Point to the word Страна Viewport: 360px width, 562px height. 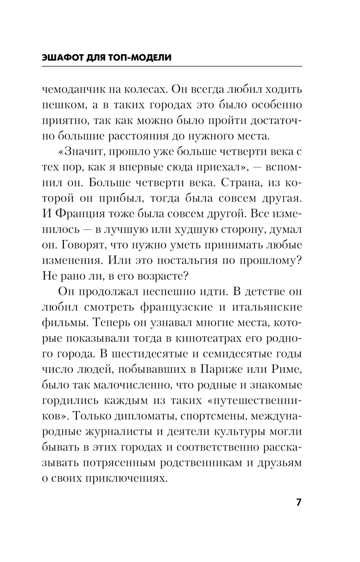tap(239, 182)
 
